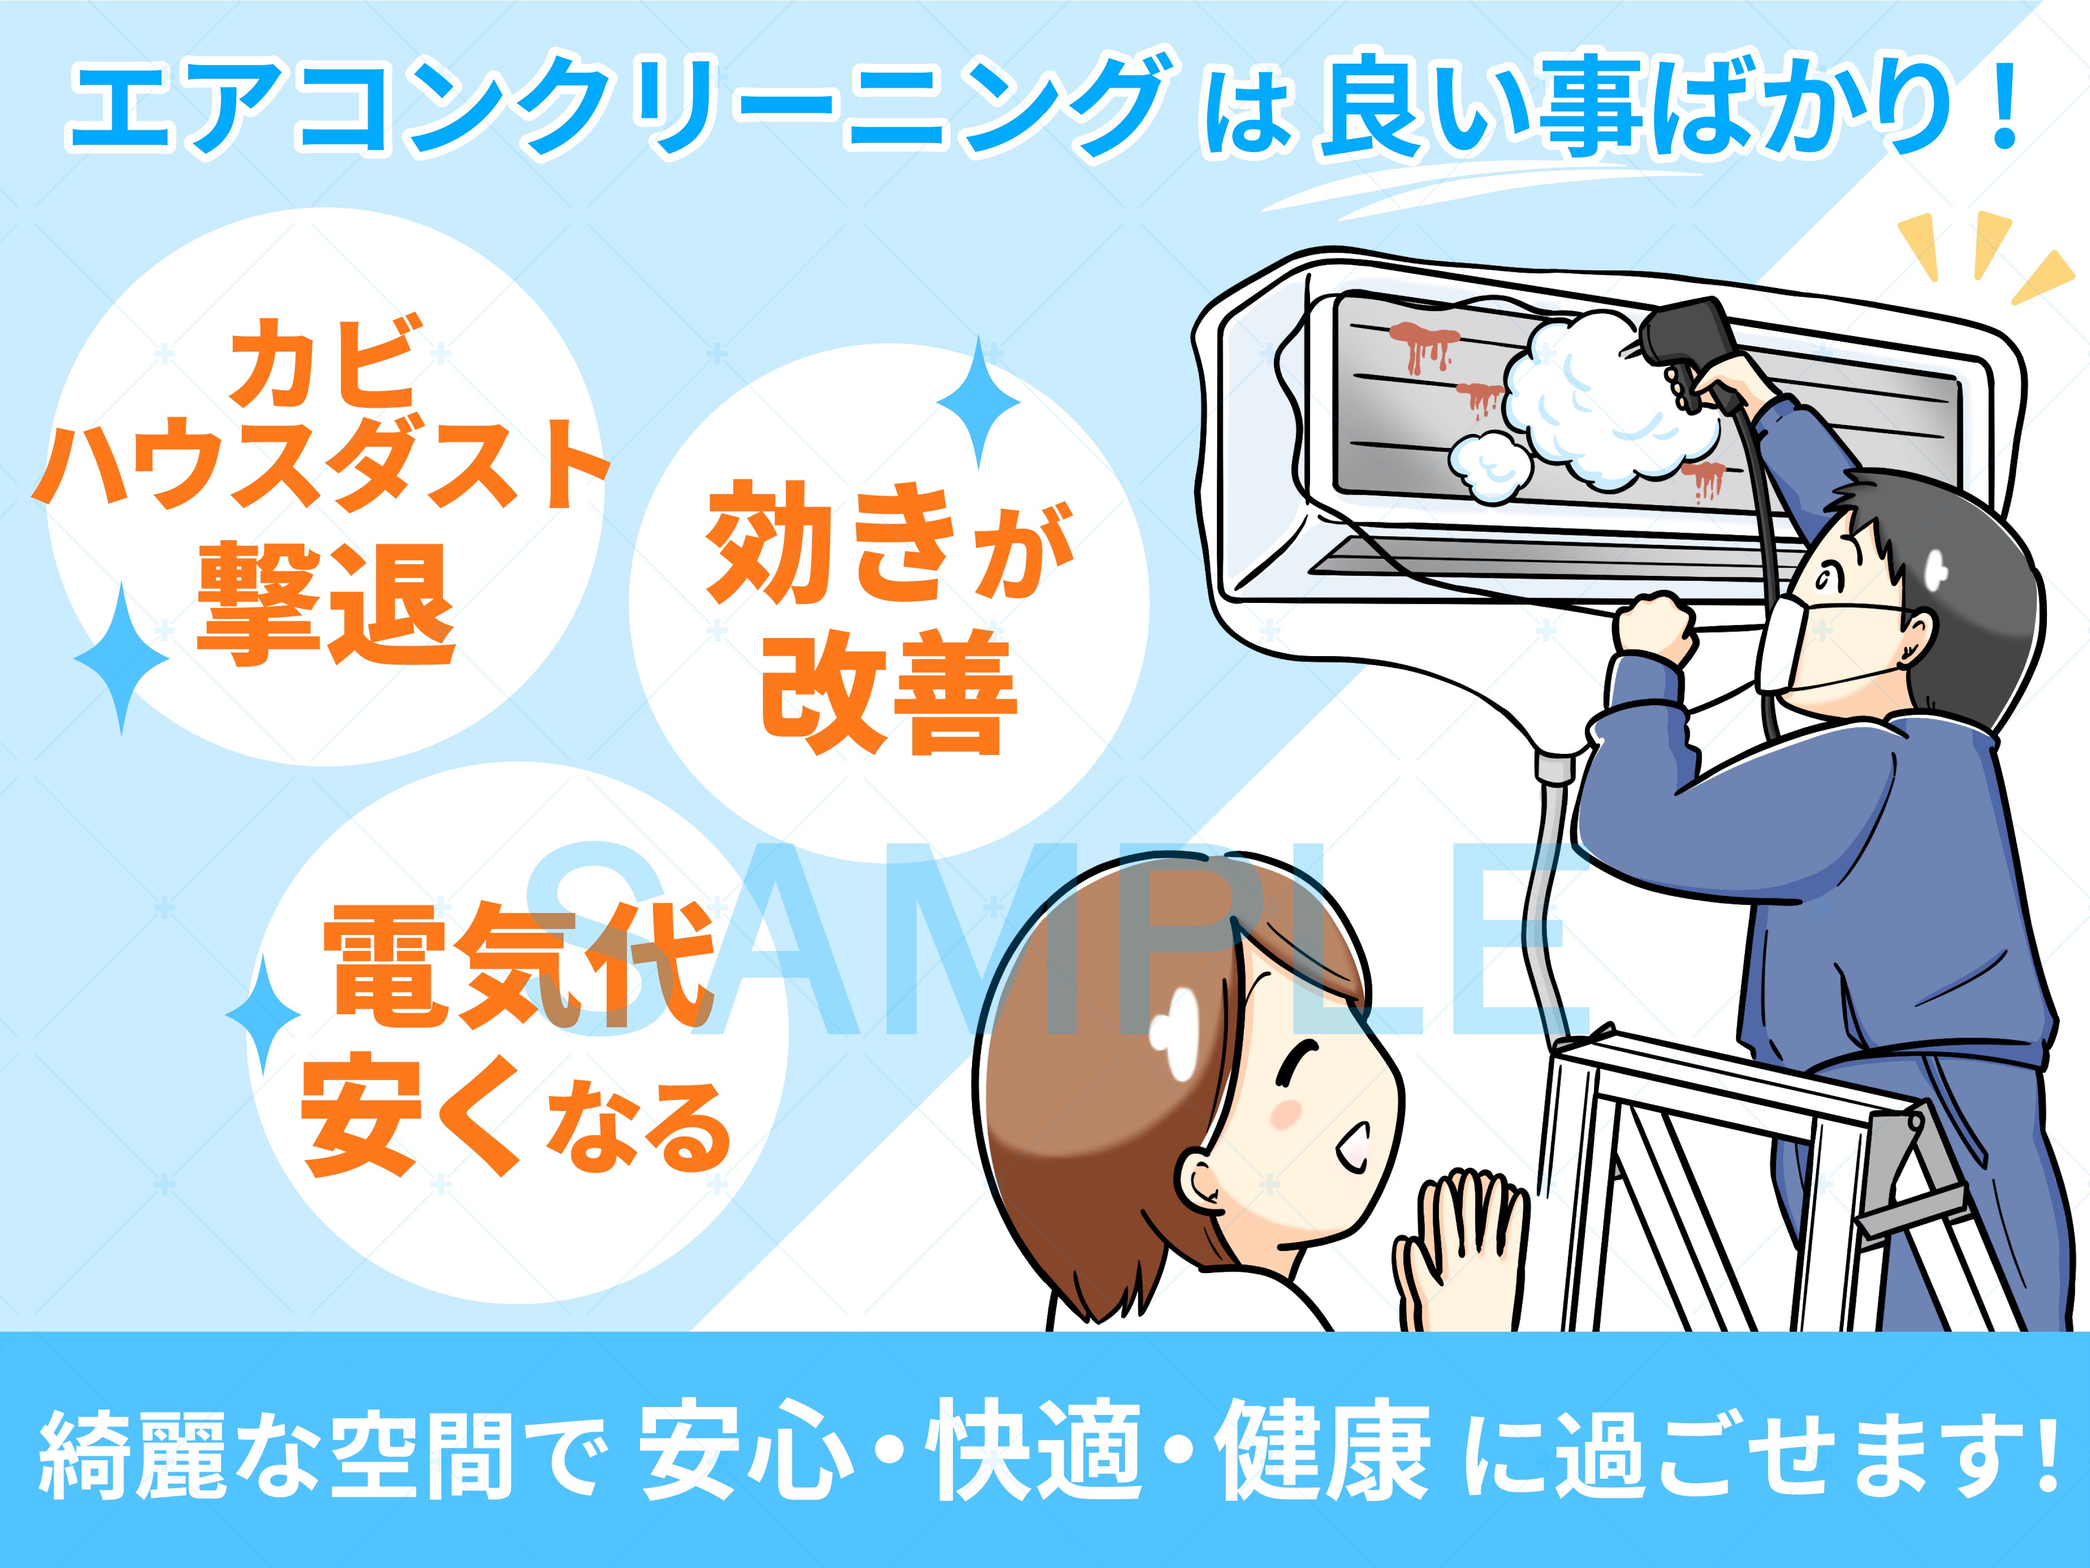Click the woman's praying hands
[x=1460, y=1247]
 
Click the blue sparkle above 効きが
[x=979, y=402]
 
